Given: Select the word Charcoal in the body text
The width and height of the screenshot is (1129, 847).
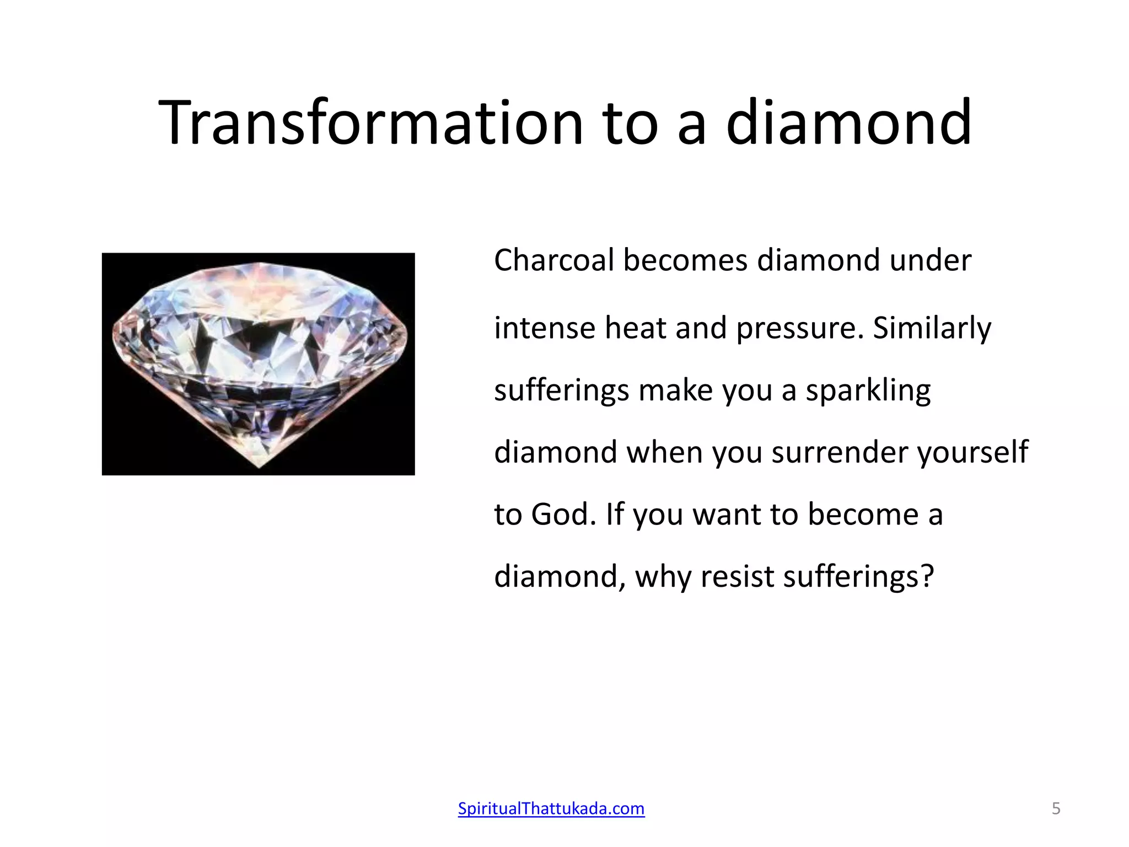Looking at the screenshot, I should (x=553, y=260).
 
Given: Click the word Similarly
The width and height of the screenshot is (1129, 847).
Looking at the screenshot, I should (x=932, y=329).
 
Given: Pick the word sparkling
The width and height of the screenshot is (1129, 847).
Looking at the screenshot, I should (x=868, y=392).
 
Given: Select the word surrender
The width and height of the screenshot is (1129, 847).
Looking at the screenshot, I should (x=838, y=453).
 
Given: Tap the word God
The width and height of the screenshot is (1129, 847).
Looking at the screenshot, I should (x=563, y=515).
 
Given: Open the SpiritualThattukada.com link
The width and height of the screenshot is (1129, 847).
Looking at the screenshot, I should (x=551, y=808).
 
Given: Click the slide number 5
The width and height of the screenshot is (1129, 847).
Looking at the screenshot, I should (x=1056, y=808).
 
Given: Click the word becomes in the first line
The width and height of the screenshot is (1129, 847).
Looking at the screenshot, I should (x=685, y=260).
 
